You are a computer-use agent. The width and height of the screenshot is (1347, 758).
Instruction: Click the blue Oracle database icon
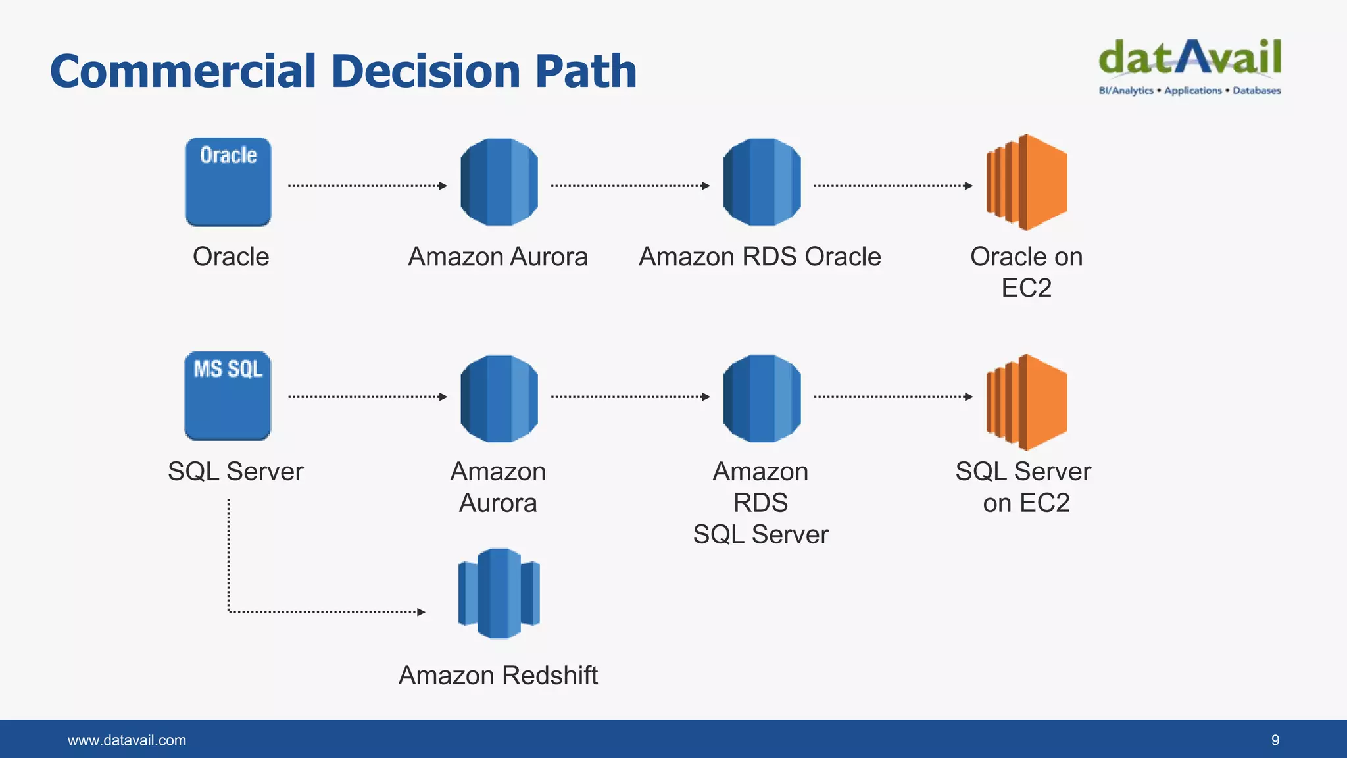pos(228,182)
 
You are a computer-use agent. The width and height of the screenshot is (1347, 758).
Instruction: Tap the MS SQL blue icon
pos(228,396)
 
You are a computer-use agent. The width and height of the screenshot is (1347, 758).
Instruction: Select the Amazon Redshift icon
pos(499,594)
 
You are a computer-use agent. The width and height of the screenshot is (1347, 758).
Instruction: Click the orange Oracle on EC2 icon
pos(1026,182)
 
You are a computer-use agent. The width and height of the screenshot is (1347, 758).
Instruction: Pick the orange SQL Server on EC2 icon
pos(1026,402)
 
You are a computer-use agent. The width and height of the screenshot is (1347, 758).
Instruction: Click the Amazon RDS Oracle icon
pos(762,182)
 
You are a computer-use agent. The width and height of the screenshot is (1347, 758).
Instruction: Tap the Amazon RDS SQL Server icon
pos(762,399)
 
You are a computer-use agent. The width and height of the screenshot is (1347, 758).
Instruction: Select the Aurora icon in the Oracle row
pos(499,182)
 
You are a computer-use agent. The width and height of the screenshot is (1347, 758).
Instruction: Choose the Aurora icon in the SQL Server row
pos(499,399)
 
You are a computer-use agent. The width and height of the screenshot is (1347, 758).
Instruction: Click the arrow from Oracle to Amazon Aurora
pos(367,186)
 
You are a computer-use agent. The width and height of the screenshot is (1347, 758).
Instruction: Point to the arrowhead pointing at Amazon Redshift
pos(421,612)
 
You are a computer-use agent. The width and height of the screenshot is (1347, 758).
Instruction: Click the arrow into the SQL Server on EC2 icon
pos(893,397)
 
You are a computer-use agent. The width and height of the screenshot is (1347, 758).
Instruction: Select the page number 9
pos(1275,740)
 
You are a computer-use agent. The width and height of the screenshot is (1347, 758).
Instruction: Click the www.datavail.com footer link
pos(127,740)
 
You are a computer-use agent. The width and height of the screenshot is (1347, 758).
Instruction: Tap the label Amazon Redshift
pos(498,675)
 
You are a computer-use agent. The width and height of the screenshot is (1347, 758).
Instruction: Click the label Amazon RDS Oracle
pos(760,257)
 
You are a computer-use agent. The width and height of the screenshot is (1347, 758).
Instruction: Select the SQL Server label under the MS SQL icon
pos(235,471)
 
